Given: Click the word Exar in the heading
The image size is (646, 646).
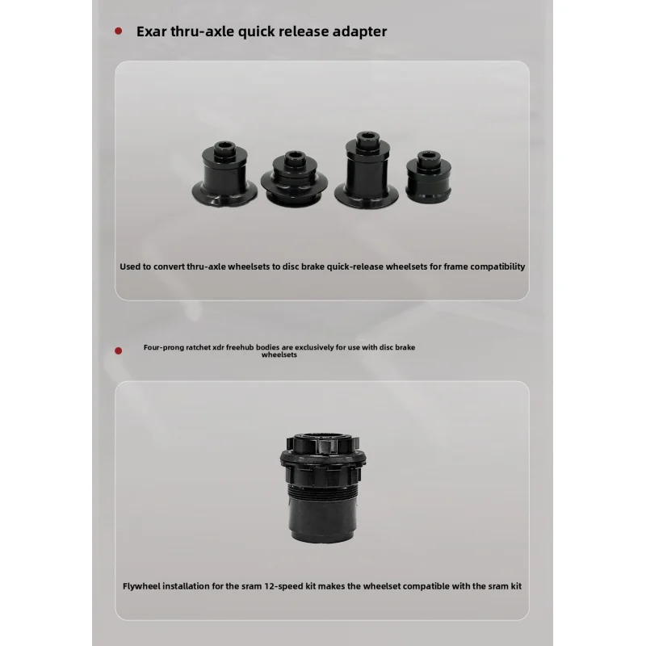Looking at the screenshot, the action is coord(151,31).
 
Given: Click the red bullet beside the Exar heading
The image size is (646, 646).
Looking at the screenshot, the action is coord(118,31).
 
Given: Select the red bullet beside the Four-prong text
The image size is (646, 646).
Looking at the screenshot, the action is coord(118,350).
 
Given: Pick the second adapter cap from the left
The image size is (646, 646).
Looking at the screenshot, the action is coord(294,178).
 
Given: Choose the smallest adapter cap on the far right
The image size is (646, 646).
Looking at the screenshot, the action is coord(429,176).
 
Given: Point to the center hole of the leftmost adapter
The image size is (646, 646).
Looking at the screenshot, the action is coord(224,146).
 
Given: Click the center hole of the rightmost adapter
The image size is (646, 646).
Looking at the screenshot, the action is coord(429,155).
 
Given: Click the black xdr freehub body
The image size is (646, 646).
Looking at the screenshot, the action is coord(323,488).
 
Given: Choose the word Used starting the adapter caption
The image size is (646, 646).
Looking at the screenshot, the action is coord(130,266).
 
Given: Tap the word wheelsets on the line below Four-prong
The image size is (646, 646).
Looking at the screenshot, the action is coord(279,354).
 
